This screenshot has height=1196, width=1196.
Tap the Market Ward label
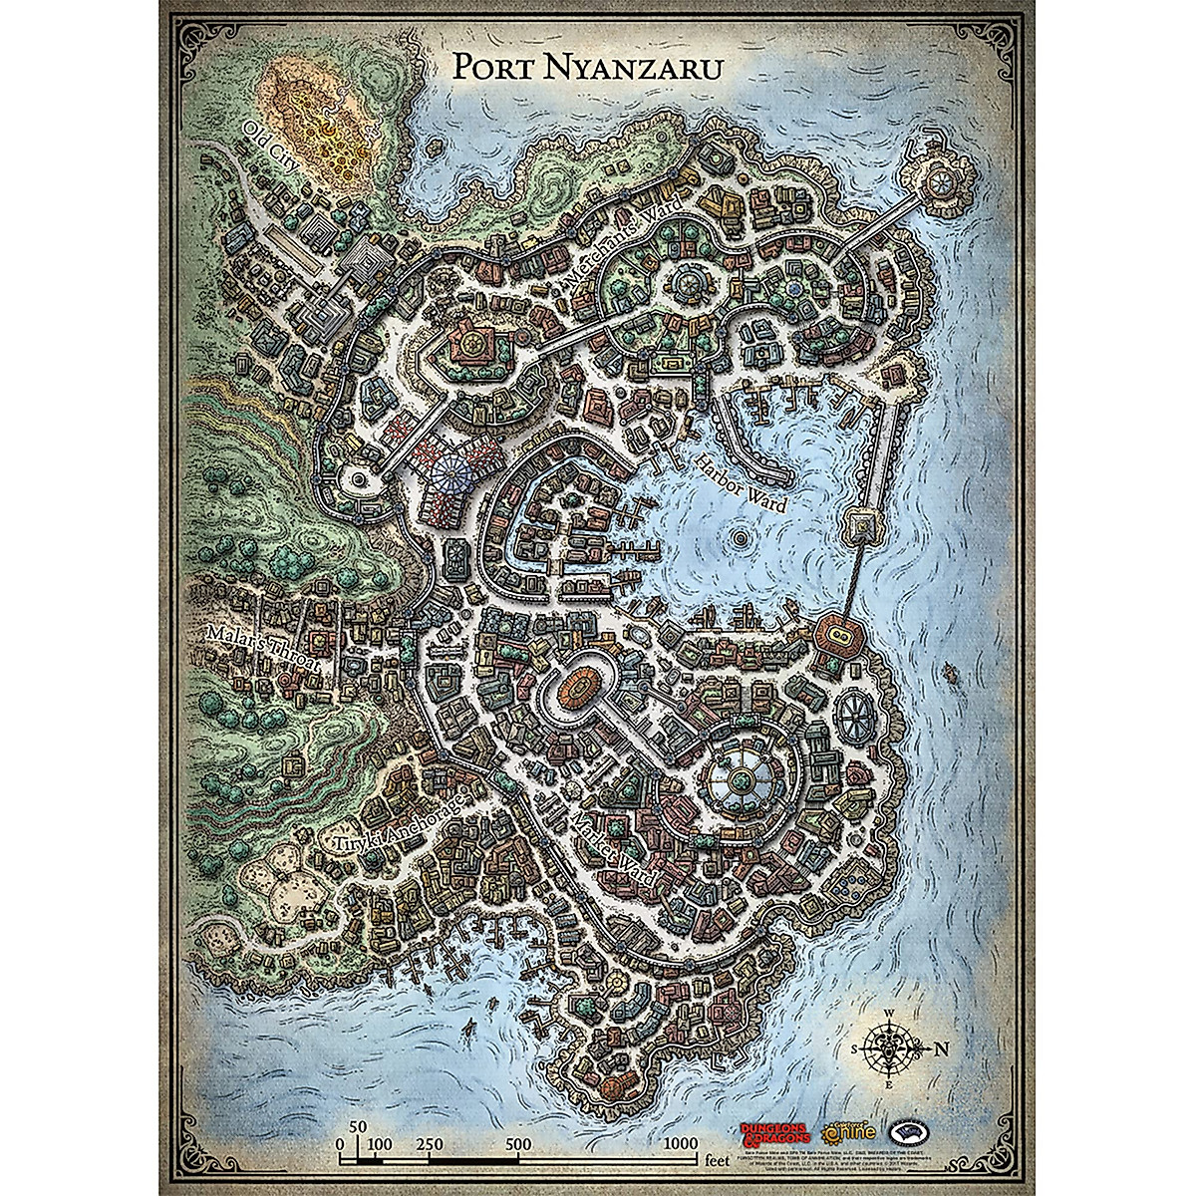(x=615, y=848)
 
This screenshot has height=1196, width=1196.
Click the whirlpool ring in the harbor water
(x=739, y=539)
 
